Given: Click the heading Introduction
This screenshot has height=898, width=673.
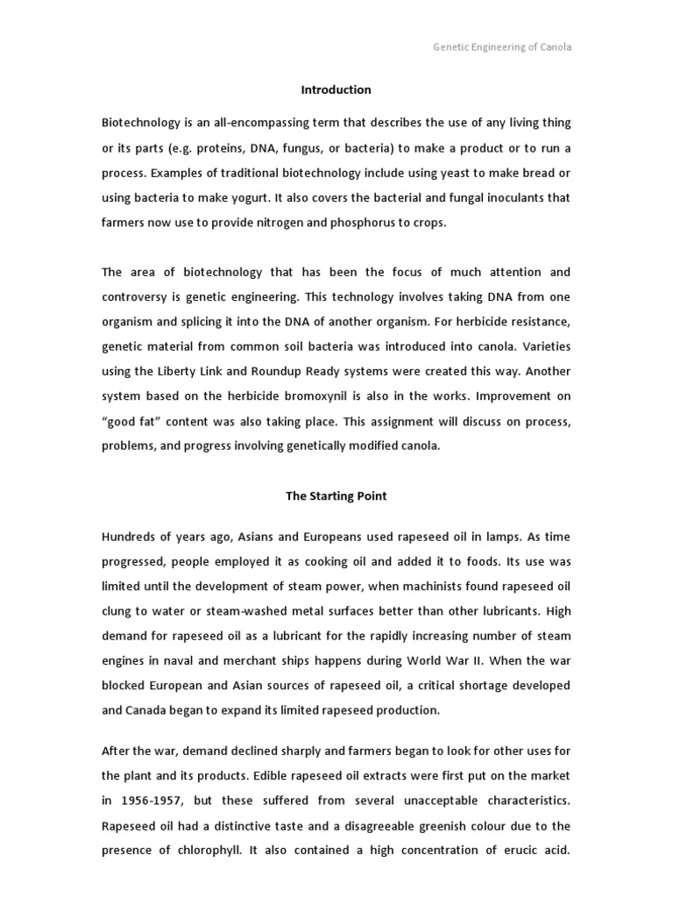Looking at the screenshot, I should (x=336, y=89).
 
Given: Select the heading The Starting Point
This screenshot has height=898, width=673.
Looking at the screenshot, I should (x=336, y=495).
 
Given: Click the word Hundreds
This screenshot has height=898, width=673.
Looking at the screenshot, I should (x=129, y=536).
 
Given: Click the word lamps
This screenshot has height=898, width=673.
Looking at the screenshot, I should (x=481, y=536).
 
